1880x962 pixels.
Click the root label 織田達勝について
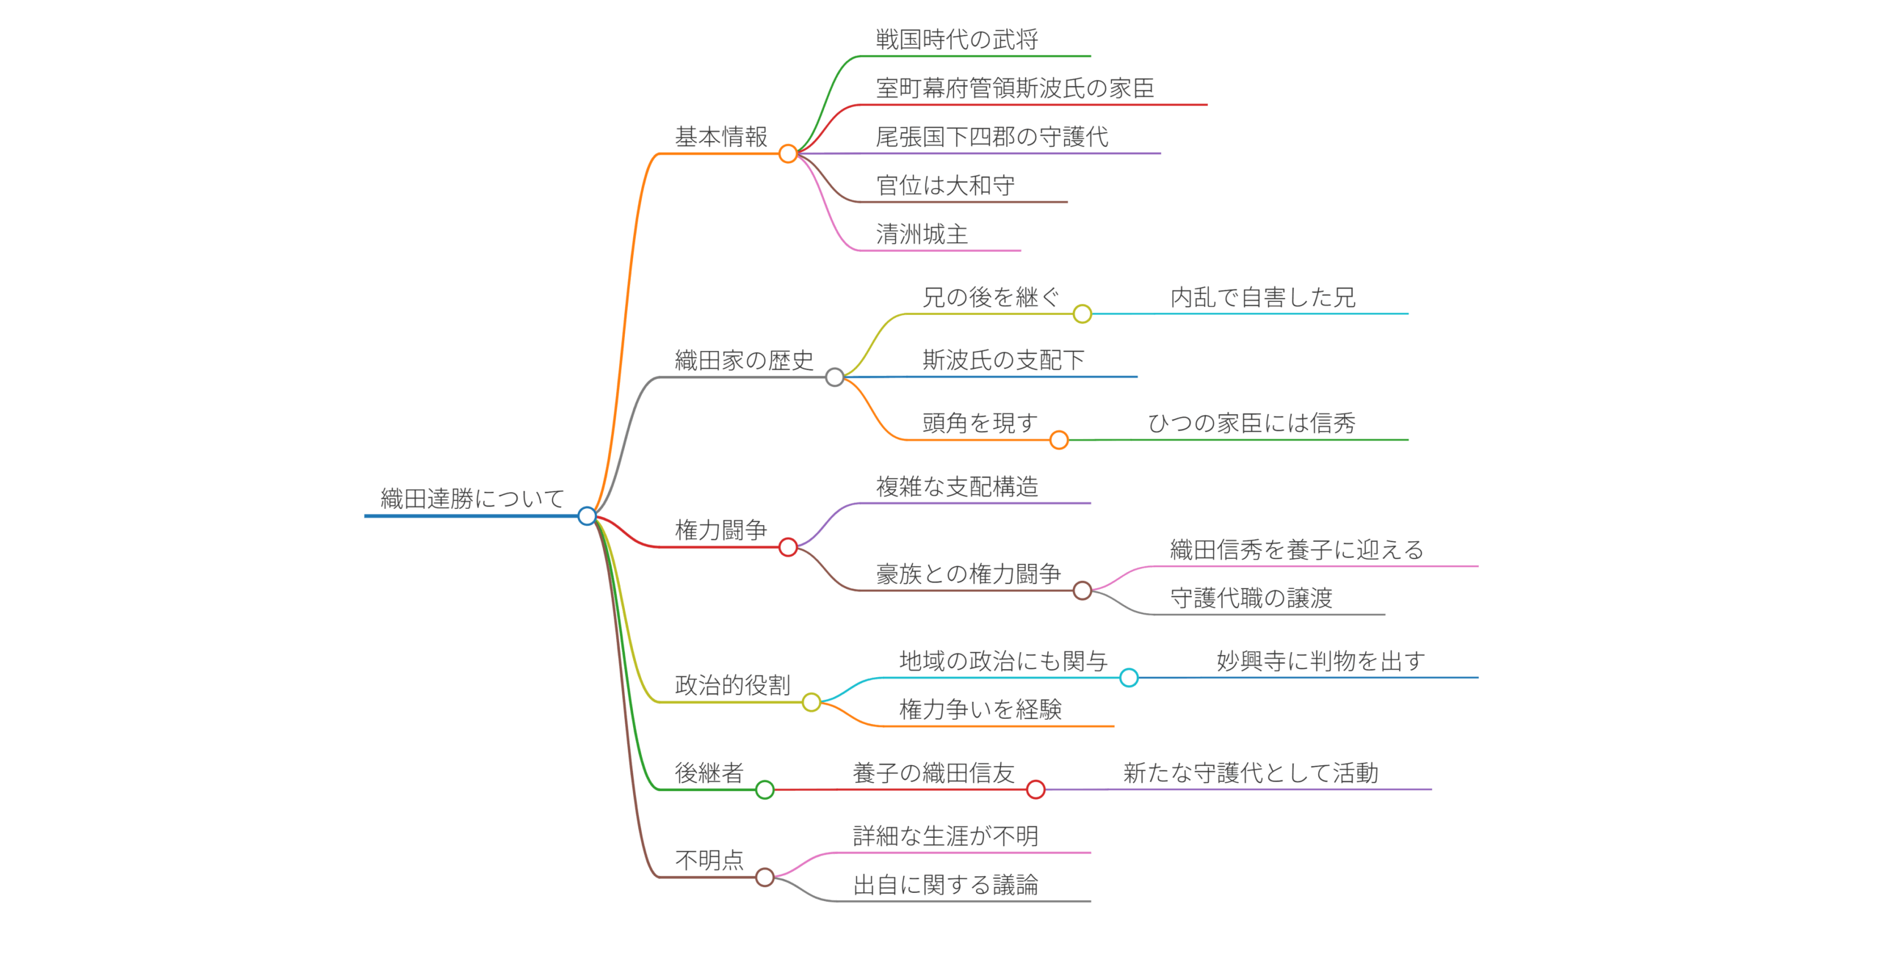(x=471, y=499)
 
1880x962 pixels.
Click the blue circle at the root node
(x=587, y=516)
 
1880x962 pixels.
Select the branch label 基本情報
(x=720, y=137)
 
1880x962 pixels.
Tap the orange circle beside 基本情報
(x=788, y=153)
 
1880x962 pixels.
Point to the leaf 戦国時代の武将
(x=956, y=40)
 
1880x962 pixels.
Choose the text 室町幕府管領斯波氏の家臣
(x=1014, y=88)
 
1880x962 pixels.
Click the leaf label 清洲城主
(x=922, y=234)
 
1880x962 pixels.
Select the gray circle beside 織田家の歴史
(x=834, y=377)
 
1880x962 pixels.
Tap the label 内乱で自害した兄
(x=1262, y=297)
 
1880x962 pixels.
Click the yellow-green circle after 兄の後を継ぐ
(x=1082, y=314)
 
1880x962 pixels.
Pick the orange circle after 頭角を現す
(x=1058, y=440)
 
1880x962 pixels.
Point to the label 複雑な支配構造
(x=956, y=486)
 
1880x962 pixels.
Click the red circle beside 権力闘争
(x=788, y=547)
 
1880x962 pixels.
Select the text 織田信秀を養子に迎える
(x=1296, y=549)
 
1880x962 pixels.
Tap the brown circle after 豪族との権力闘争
(x=1082, y=590)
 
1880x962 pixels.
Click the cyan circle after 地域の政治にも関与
(x=1129, y=678)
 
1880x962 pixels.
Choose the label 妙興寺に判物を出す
(x=1320, y=661)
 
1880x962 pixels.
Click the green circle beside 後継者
(x=764, y=789)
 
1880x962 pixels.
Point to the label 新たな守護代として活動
(x=1250, y=773)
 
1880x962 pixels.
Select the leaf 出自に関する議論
(x=945, y=885)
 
